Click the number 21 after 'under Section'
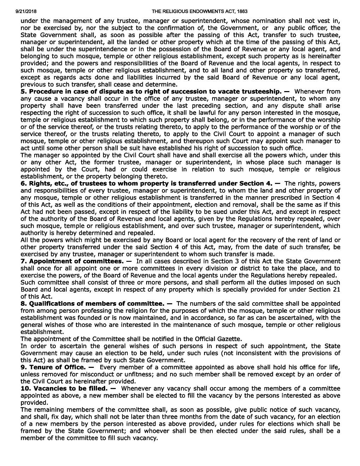pyautogui.click(x=337, y=289)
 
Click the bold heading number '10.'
pyautogui.click(x=26, y=388)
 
